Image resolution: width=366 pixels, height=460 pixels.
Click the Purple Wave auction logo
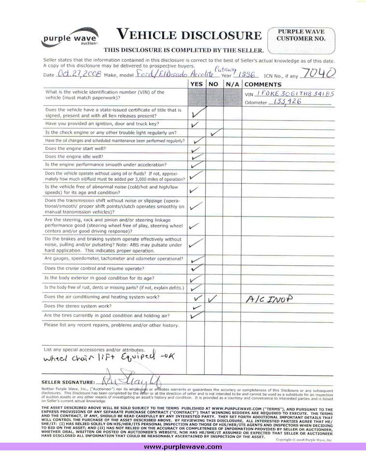[x=70, y=38]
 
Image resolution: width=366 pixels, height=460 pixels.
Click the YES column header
[x=196, y=84]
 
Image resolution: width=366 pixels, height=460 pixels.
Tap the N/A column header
[x=232, y=84]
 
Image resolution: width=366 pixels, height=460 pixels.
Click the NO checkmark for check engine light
[x=216, y=131]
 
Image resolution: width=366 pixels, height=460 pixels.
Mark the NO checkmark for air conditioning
[x=213, y=299]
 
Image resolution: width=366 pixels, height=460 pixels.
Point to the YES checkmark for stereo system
[x=197, y=307]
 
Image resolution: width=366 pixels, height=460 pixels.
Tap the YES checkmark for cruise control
[x=197, y=268]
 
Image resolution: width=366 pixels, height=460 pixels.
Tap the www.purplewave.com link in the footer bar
[x=183, y=447]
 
